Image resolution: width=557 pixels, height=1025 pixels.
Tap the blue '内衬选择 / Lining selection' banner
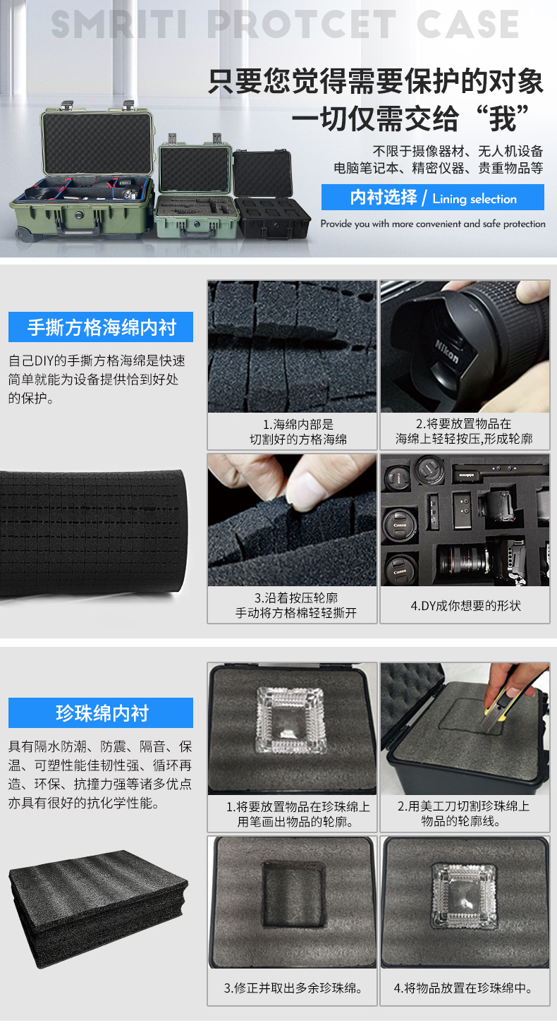[432, 198]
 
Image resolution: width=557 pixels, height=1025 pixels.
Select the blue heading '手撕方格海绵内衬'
[101, 327]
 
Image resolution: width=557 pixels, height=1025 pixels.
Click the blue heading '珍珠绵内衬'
[101, 712]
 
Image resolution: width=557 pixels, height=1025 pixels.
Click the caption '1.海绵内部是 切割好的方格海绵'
[292, 432]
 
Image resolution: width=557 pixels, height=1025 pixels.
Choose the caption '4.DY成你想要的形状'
[465, 605]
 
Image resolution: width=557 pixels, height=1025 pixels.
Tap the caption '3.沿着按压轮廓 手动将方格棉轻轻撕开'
[292, 606]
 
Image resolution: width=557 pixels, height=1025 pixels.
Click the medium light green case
[195, 186]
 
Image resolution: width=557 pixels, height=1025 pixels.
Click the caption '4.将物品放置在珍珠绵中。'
[465, 988]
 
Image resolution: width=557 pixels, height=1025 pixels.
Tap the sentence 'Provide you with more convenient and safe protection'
[432, 224]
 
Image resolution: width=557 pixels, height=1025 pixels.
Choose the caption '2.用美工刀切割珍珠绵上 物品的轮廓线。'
[465, 813]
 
